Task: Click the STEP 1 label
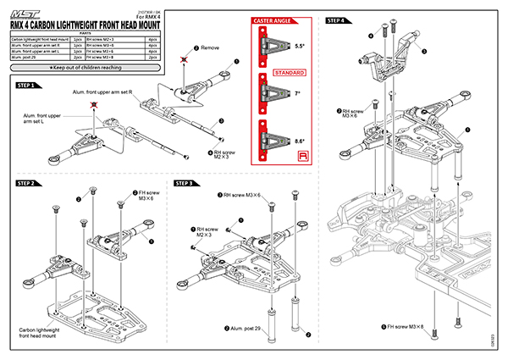click(x=25, y=86)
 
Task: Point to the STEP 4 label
click(x=336, y=20)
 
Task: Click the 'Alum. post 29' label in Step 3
click(x=249, y=328)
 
